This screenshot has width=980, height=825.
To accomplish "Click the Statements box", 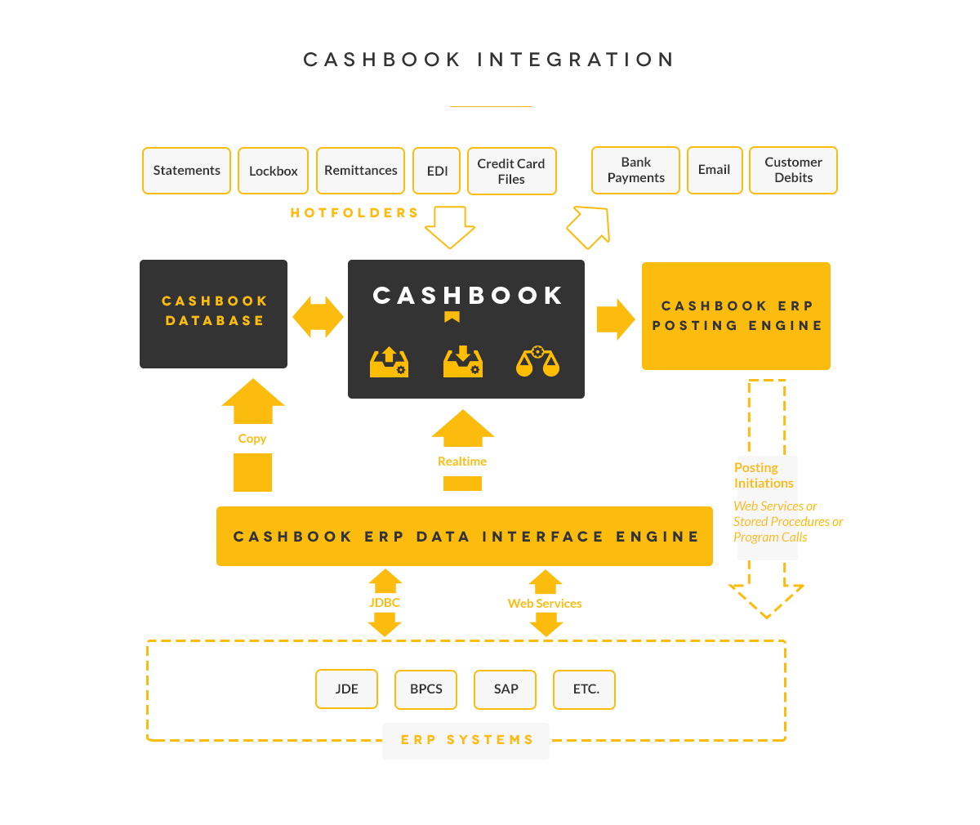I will [186, 171].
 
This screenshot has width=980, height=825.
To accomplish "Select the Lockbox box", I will [273, 171].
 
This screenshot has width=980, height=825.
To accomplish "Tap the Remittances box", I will [360, 171].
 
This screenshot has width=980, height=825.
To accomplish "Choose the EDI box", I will [437, 171].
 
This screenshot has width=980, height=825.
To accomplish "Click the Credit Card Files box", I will [511, 172].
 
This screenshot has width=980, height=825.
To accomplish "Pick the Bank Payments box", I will [635, 170].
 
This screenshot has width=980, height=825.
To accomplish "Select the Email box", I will [714, 170].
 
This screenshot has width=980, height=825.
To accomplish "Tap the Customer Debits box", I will [793, 170].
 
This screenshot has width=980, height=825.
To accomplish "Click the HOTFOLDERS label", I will [354, 213].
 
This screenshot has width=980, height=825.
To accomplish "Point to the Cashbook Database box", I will [213, 314].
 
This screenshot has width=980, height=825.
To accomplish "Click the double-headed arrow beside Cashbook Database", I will [318, 317].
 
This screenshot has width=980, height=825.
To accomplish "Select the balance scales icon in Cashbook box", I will [537, 362].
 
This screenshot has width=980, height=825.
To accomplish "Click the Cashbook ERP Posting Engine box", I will [736, 316].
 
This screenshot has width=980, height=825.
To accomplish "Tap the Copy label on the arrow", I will [252, 439].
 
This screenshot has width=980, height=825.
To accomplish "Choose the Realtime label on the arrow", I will [462, 462].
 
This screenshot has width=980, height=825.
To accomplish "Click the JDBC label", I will [384, 603].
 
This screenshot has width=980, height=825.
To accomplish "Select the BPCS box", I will [425, 689].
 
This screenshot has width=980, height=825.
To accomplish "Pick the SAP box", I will [506, 689].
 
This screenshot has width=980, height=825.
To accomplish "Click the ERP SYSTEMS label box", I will [465, 741].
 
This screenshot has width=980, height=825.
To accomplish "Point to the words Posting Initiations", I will [763, 475].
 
